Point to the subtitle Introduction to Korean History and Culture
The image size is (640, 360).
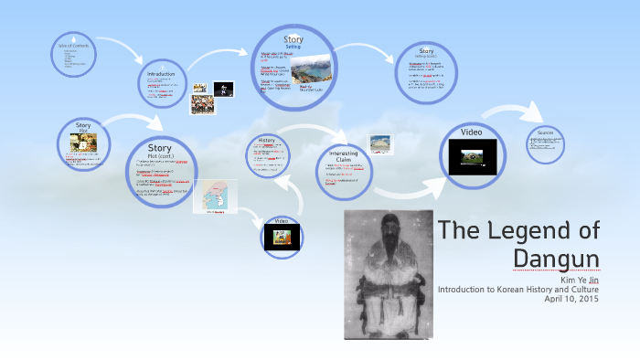tap(518, 289)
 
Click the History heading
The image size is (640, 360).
tap(267, 141)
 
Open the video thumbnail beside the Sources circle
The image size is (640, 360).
tap(472, 157)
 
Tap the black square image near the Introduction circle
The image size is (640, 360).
tap(223, 89)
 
